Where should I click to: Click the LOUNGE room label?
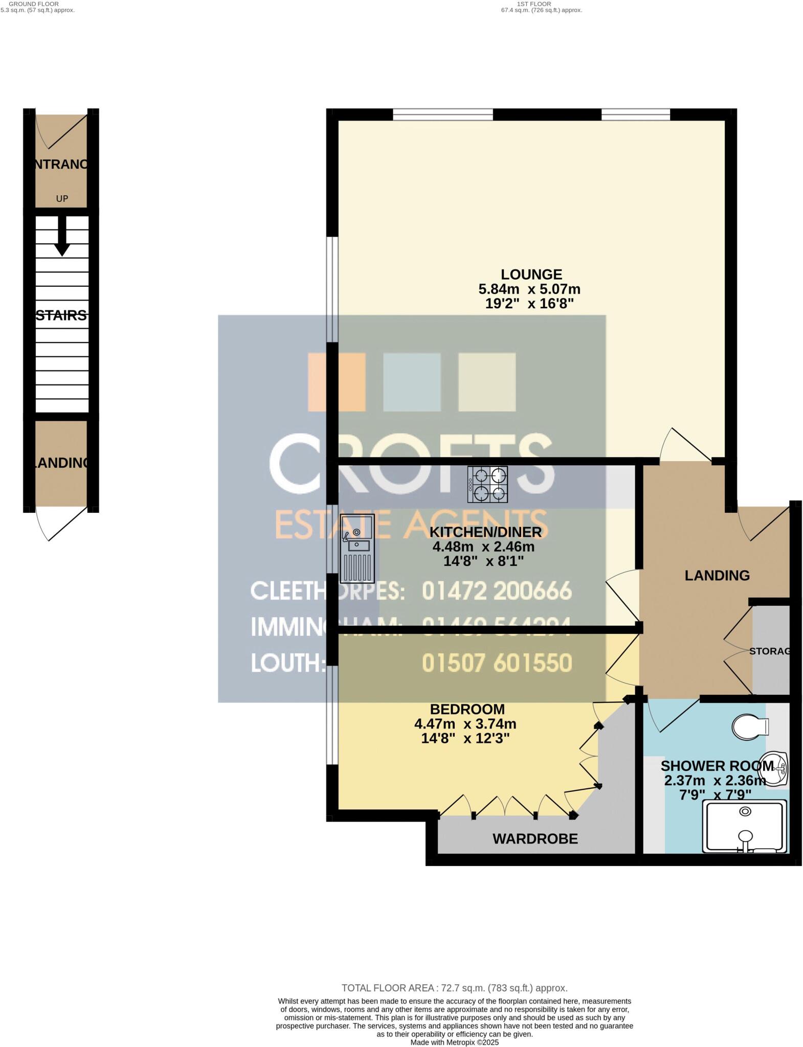click(x=531, y=275)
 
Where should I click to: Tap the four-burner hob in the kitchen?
click(x=487, y=484)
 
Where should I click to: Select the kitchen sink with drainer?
click(x=357, y=549)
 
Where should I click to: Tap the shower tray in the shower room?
click(x=745, y=827)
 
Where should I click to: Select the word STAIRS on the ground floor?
click(x=61, y=315)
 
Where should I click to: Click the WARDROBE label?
click(x=535, y=839)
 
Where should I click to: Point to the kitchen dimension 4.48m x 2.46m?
click(x=483, y=547)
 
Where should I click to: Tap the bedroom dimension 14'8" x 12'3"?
click(x=465, y=738)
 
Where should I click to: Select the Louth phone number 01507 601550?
click(x=496, y=663)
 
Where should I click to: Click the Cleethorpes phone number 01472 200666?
click(x=496, y=591)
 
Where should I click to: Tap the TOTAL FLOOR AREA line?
click(x=454, y=988)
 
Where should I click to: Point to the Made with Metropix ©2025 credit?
click(x=454, y=1042)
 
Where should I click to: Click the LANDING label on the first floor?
click(x=717, y=576)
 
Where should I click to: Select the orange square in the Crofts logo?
click(x=336, y=382)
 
